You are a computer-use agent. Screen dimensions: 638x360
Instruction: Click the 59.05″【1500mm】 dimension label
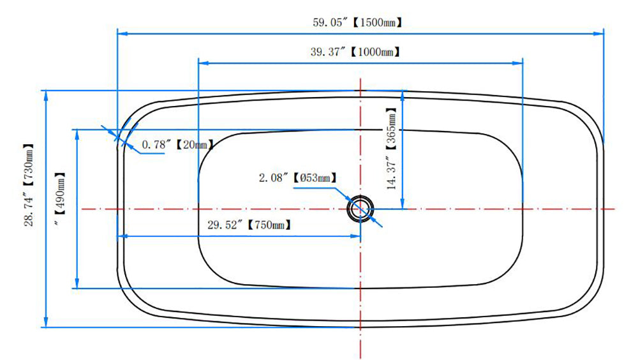pos(358,22)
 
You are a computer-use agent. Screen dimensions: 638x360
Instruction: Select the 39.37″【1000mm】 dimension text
pos(355,52)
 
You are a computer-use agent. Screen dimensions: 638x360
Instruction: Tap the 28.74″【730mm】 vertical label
pos(29,186)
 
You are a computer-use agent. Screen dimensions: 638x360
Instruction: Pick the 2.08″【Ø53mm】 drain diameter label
pos(298,178)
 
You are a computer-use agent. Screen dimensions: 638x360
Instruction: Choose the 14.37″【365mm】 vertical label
pos(391,149)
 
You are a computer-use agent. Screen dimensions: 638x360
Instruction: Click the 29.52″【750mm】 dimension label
pos(249,225)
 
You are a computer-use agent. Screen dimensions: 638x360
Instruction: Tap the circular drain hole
pos(360,209)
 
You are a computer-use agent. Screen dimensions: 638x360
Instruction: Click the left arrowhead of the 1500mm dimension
pos(122,33)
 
